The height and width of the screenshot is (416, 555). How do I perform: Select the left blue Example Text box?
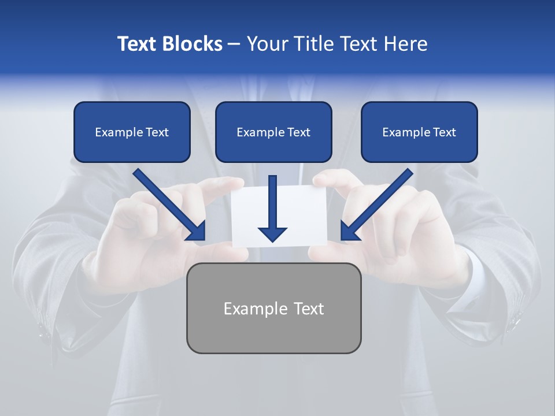click(132, 132)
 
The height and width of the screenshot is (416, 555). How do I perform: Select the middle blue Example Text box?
click(273, 132)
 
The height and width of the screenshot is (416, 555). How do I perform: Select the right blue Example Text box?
click(419, 132)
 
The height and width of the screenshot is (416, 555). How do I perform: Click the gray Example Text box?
click(273, 308)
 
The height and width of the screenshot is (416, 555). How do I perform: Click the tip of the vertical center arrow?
click(272, 239)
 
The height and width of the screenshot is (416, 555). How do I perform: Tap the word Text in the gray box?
click(308, 309)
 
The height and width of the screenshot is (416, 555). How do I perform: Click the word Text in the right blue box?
click(445, 132)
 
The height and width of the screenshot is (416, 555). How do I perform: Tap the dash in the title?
click(234, 44)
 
